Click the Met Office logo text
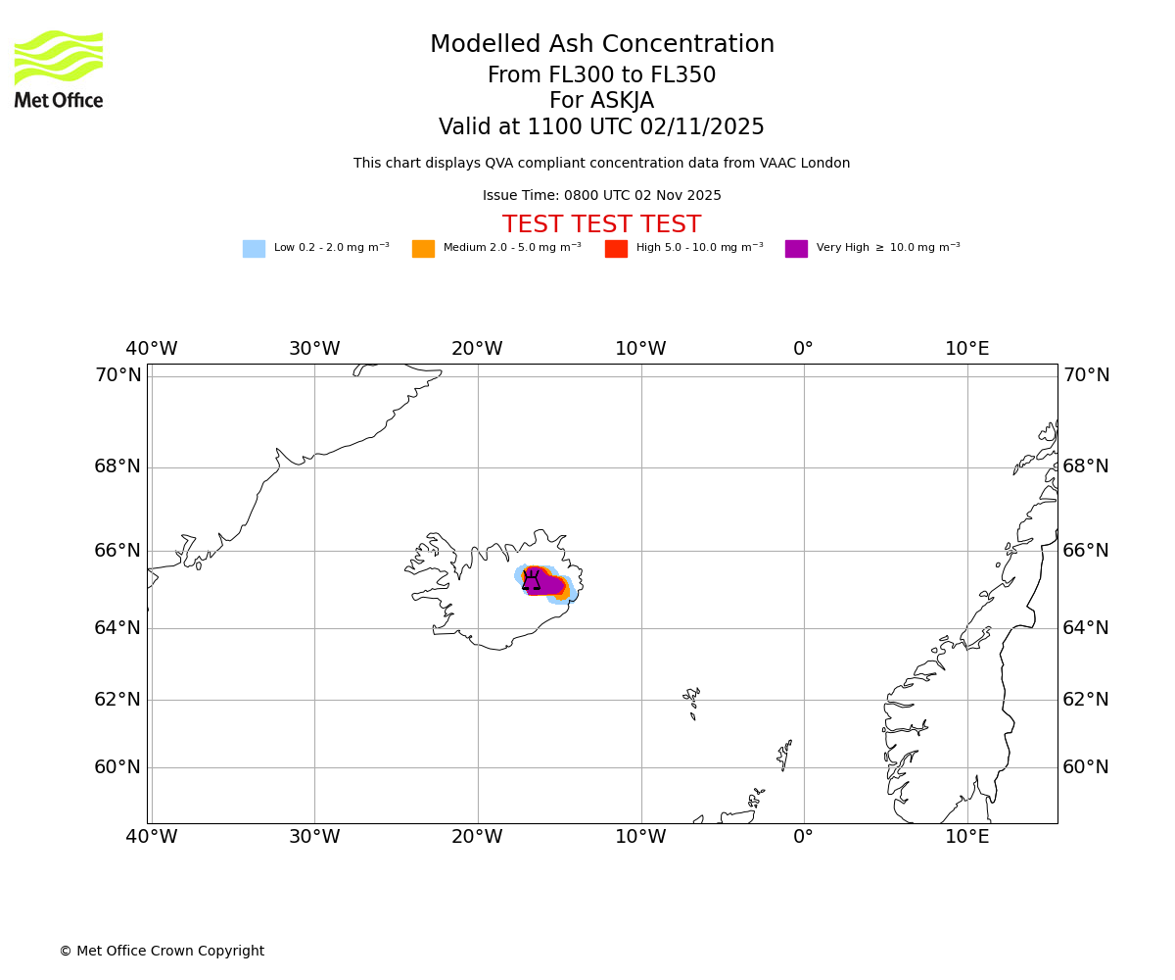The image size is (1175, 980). click(x=59, y=100)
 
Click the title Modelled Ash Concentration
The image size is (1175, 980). click(x=601, y=45)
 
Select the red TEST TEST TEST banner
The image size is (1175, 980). click(x=601, y=225)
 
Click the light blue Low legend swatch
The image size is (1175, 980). click(x=254, y=249)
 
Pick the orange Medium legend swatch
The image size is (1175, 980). click(x=423, y=249)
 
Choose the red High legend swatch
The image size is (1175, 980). click(x=616, y=249)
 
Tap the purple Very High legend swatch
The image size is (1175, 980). click(x=796, y=249)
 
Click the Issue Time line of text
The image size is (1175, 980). click(x=601, y=196)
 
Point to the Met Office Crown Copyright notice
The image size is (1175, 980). click(x=162, y=952)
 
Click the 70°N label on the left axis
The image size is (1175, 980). click(x=117, y=375)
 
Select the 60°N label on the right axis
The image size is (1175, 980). click(x=1086, y=767)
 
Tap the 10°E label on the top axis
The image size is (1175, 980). click(x=966, y=349)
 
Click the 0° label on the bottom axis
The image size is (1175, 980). click(x=803, y=837)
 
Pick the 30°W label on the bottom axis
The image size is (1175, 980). click(x=314, y=837)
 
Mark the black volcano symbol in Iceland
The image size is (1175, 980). click(x=532, y=580)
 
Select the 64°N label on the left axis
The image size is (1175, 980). click(x=117, y=628)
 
